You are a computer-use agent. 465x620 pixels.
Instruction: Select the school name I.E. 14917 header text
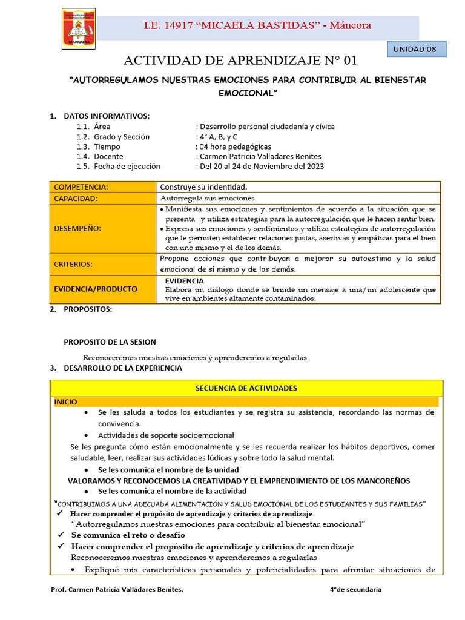tap(257, 25)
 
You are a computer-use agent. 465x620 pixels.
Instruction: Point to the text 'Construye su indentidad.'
tap(203, 187)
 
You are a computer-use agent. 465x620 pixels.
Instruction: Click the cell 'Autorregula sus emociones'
tap(208, 198)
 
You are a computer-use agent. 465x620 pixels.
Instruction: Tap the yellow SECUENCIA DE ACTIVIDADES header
tap(246, 388)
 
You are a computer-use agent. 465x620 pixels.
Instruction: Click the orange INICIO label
tap(66, 402)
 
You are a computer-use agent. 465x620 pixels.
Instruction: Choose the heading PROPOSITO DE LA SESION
tap(110, 342)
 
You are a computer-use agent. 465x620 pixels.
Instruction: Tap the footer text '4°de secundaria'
tap(355, 590)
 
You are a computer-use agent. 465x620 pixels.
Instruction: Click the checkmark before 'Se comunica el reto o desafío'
tap(61, 535)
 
